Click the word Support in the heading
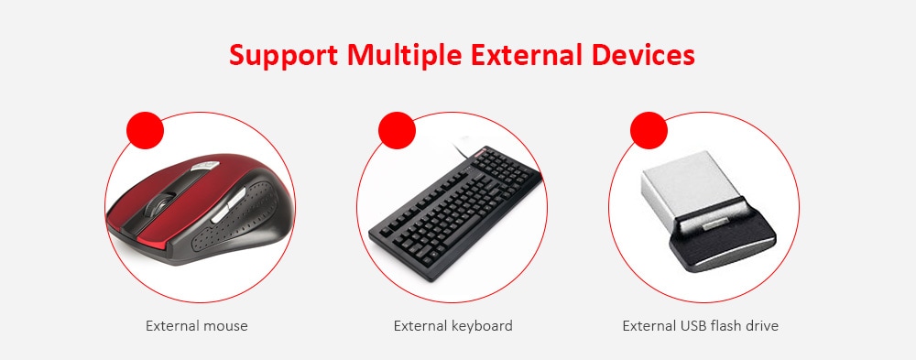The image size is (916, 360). (283, 56)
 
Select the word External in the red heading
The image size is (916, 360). (527, 55)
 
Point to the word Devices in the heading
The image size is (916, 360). (643, 55)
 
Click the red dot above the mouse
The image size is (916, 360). (146, 130)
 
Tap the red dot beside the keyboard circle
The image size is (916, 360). (398, 130)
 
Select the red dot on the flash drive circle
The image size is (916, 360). (649, 130)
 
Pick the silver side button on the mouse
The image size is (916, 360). (230, 204)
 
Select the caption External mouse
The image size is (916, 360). (197, 325)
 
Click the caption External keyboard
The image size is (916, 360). (453, 325)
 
